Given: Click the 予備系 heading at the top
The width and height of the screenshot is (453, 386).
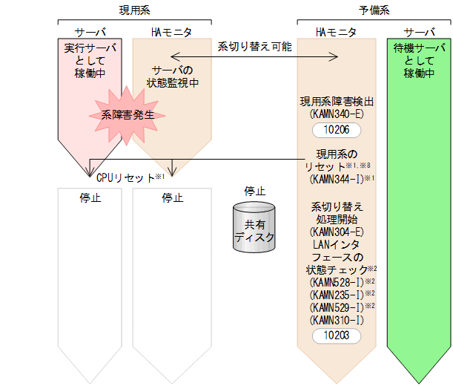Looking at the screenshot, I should click(x=374, y=10).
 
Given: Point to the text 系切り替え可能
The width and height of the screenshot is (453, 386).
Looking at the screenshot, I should click(x=254, y=46).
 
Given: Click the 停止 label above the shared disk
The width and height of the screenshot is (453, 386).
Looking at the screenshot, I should click(x=254, y=191).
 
